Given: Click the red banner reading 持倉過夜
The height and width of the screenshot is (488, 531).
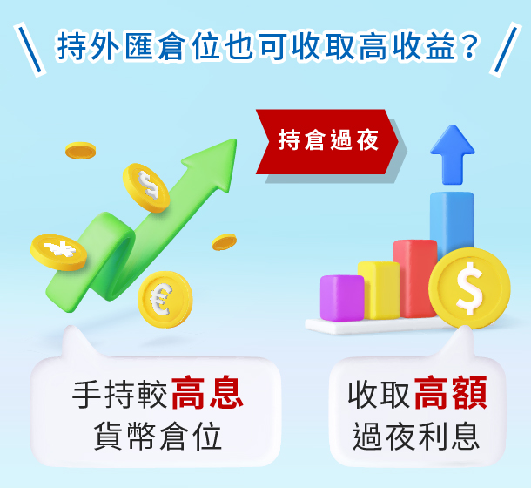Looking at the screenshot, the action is pos(326,142).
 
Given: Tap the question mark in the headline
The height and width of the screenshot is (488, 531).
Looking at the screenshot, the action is pos(468,47).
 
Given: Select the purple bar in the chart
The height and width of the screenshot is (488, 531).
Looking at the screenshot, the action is pos(342,298).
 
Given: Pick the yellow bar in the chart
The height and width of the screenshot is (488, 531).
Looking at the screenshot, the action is pos(379,290).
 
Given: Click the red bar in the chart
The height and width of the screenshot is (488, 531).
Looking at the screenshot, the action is pos(415,278).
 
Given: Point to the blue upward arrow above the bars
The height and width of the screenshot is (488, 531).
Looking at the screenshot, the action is pos(452,154).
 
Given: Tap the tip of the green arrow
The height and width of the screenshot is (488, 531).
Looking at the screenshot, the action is pos(236,139).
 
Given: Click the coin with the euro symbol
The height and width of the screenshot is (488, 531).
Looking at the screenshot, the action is pos(165,300).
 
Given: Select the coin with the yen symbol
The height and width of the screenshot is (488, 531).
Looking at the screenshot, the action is pos(59,253).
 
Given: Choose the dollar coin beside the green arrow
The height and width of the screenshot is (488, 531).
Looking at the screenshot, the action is pos(146,187).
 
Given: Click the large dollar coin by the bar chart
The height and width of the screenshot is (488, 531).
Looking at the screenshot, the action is pos(469,288).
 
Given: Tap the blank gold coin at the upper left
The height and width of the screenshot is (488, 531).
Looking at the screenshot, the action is pos(81,151).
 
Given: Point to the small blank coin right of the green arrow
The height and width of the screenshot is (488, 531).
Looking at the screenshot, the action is pos(225,241).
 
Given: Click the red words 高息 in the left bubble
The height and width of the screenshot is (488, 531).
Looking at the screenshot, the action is pos(207,393).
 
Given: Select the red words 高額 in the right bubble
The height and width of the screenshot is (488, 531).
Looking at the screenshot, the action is pos(450,393).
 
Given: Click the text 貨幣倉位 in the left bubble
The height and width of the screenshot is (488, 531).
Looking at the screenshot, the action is pos(158,437).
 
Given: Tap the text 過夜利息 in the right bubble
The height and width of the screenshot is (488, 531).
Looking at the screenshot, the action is pos(416,437).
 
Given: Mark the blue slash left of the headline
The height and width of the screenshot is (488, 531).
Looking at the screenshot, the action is pos(30,50).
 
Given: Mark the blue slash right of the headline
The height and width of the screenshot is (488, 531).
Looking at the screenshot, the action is pos(505,50).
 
